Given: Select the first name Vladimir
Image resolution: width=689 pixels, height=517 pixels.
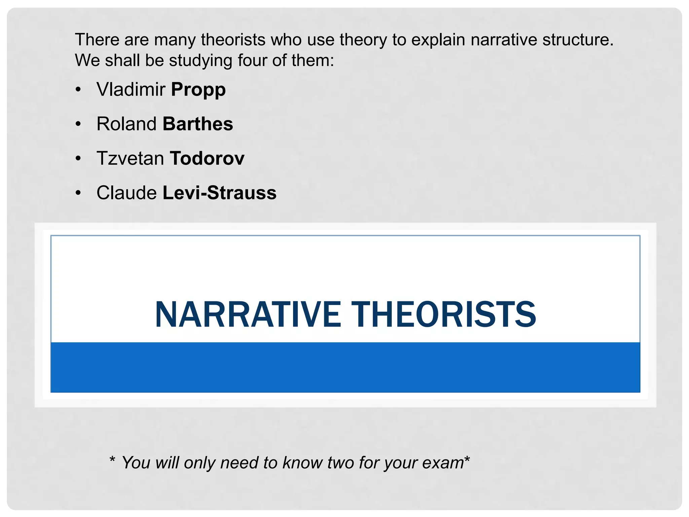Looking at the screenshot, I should (131, 90).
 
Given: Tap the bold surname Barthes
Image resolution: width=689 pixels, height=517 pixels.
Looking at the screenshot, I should (198, 124).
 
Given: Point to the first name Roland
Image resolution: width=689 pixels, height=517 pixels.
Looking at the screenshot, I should (126, 124).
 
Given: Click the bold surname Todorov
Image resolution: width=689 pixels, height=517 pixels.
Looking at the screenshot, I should (207, 159).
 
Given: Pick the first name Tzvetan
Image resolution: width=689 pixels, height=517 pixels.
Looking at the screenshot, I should (130, 159).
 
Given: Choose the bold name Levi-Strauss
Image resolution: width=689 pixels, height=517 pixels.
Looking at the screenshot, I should (219, 193).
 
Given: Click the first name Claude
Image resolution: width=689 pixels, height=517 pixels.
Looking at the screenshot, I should (126, 193).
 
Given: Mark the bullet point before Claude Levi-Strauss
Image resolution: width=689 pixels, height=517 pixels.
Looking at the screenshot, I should (78, 193).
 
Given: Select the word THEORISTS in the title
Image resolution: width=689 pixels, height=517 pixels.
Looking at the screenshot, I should (444, 314).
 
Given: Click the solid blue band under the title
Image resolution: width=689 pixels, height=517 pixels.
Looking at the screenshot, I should (345, 367).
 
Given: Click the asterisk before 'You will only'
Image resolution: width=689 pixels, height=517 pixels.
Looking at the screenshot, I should (112, 460).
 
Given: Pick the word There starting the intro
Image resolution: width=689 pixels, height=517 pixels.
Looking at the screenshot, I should (97, 40).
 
